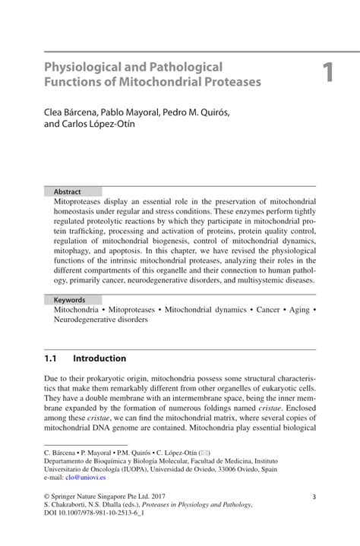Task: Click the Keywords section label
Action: (x=69, y=300)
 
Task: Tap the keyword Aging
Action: (x=296, y=311)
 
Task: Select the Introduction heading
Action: (x=99, y=358)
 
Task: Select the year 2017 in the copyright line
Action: (x=163, y=497)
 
